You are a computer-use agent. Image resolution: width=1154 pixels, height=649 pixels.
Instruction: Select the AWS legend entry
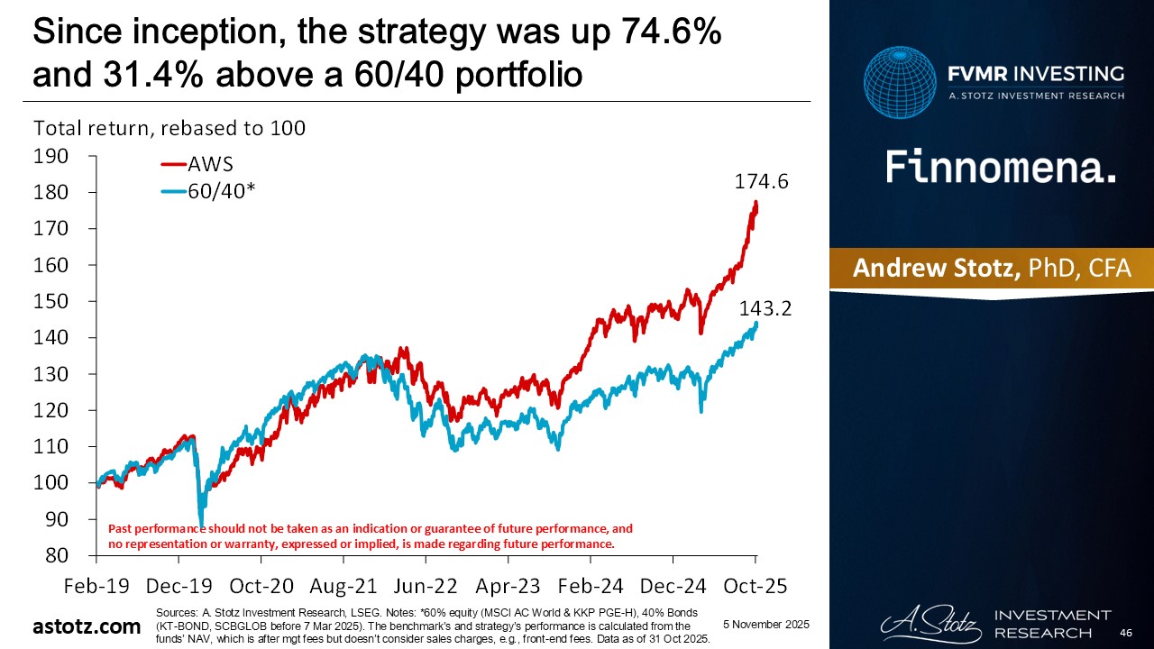[211, 164]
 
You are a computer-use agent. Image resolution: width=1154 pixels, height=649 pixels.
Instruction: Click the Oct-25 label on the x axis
[756, 585]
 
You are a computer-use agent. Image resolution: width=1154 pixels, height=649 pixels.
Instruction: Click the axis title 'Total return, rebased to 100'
[169, 128]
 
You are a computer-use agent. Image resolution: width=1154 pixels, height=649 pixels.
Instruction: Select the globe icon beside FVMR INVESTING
[899, 84]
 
